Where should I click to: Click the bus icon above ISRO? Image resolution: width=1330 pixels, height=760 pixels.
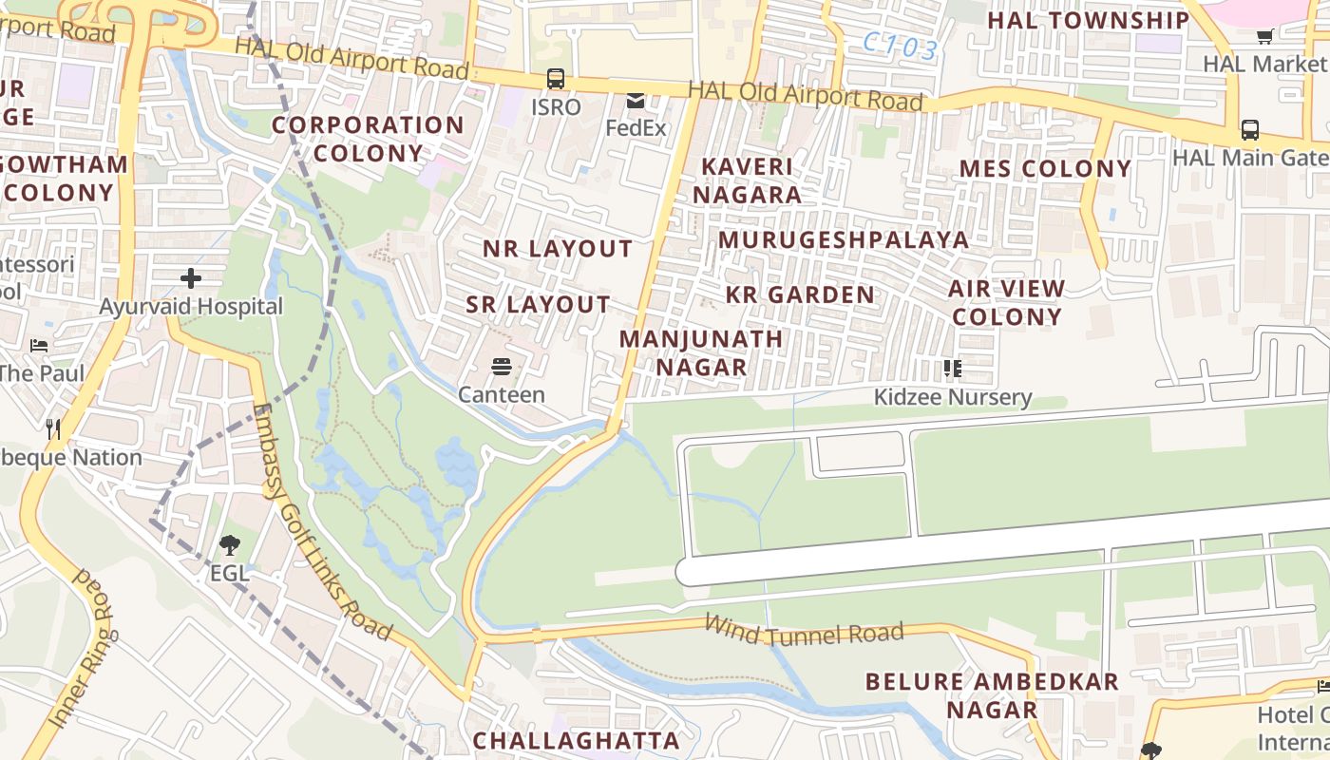coord(556,79)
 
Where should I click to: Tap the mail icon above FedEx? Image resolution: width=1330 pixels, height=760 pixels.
coord(636,101)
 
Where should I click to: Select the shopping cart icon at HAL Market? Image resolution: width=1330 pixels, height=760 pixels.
coord(1264,37)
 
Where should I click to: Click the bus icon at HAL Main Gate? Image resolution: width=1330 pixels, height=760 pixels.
coord(1250,130)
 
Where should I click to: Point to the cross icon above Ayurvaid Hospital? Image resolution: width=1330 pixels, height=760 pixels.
coord(191,278)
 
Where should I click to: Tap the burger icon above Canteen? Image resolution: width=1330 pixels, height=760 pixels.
coord(502,367)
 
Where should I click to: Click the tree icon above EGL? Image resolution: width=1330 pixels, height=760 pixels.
coord(229,545)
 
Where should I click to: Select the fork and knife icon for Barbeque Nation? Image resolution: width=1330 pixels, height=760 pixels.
coord(53,429)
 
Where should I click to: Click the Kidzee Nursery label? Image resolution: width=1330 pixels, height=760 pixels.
coord(953,396)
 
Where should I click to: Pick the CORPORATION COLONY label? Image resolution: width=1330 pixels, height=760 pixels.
coord(368,139)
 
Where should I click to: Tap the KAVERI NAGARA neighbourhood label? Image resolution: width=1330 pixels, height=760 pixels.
coord(747,180)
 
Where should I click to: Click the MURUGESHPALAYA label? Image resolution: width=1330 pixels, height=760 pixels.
coord(844,239)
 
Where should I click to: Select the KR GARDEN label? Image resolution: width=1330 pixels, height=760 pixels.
coord(800,294)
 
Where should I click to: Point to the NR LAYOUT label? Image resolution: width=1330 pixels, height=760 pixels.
coord(558,249)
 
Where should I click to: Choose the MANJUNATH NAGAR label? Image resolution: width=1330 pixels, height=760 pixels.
coord(701,352)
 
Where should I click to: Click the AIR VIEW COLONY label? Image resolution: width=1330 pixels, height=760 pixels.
coord(1006,302)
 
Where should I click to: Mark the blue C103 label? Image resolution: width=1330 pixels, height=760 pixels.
coord(901,47)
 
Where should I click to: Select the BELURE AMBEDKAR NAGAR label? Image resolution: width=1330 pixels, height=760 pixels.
coord(992,695)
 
